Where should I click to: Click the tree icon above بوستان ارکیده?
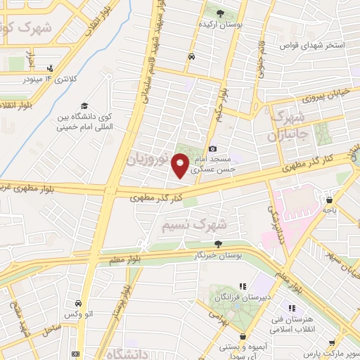click(220, 13)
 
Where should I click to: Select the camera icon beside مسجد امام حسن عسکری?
click(213, 148)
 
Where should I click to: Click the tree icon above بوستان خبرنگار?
click(218, 244)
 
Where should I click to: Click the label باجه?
click(330, 210)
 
